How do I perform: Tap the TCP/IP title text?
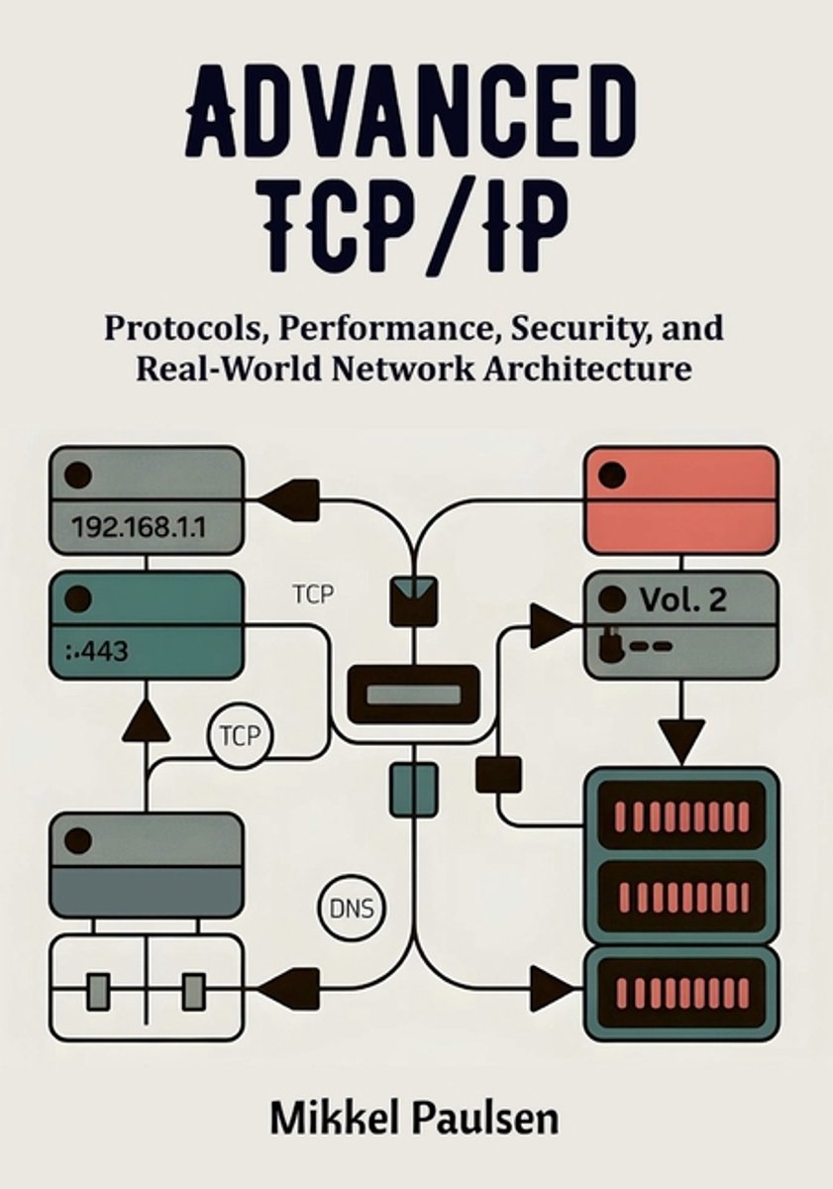point(416,227)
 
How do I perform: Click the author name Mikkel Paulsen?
point(415,1121)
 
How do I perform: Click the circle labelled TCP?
point(239,736)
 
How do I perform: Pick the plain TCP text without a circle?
point(314,595)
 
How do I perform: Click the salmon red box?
point(680,500)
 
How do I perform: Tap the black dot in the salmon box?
point(613,475)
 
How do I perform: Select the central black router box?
point(413,694)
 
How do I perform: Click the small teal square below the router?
point(413,789)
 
